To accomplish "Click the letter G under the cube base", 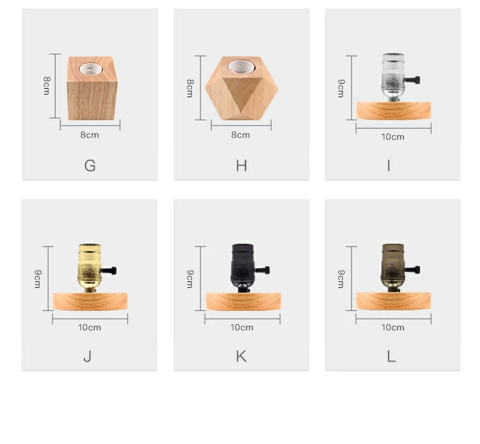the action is point(90,166).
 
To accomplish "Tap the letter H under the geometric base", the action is point(241,166).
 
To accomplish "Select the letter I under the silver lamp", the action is point(388,166).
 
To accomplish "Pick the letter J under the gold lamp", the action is point(88,356).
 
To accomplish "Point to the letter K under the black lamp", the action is point(241,356).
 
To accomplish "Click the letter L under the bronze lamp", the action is point(392,356).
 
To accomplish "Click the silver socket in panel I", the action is point(394,77).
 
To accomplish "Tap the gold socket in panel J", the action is point(89,268).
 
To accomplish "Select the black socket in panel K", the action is point(242,268).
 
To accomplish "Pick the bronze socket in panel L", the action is point(393,268).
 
